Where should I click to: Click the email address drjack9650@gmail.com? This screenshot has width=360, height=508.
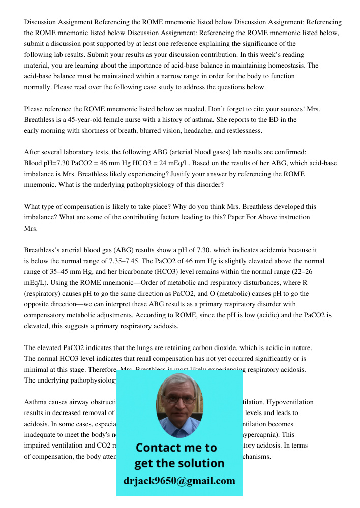point(179,481)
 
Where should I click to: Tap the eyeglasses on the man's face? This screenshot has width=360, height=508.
point(180,399)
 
